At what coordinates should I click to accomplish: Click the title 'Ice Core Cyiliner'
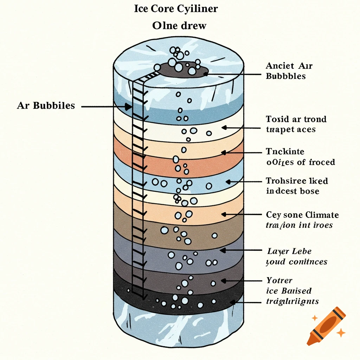pyautogui.click(x=176, y=9)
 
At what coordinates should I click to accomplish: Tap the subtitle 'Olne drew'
pyautogui.click(x=179, y=26)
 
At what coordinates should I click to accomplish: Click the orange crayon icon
pyautogui.click(x=326, y=325)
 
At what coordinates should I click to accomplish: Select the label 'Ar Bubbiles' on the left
pyautogui.click(x=46, y=105)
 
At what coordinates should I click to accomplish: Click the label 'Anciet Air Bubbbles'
pyautogui.click(x=289, y=71)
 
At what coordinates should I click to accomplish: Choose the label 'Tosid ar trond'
pyautogui.click(x=296, y=119)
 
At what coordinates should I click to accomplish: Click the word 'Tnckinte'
pyautogui.click(x=285, y=152)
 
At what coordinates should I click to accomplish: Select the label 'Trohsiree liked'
pyautogui.click(x=297, y=181)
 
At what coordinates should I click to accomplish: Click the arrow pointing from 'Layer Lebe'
pyautogui.click(x=243, y=251)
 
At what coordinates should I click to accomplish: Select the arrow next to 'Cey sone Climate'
pyautogui.click(x=243, y=214)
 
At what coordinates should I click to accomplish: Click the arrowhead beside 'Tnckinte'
pyautogui.click(x=223, y=153)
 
